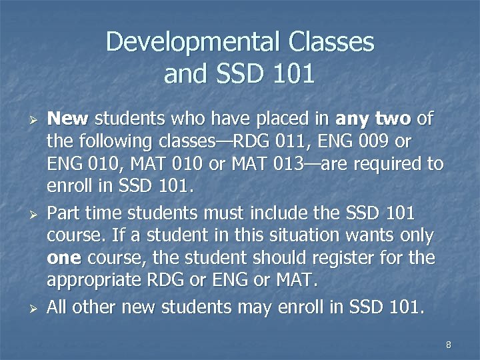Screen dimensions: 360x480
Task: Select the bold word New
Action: click(x=68, y=119)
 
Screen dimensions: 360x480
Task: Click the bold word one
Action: click(x=63, y=258)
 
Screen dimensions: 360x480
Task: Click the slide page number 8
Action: click(x=449, y=345)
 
